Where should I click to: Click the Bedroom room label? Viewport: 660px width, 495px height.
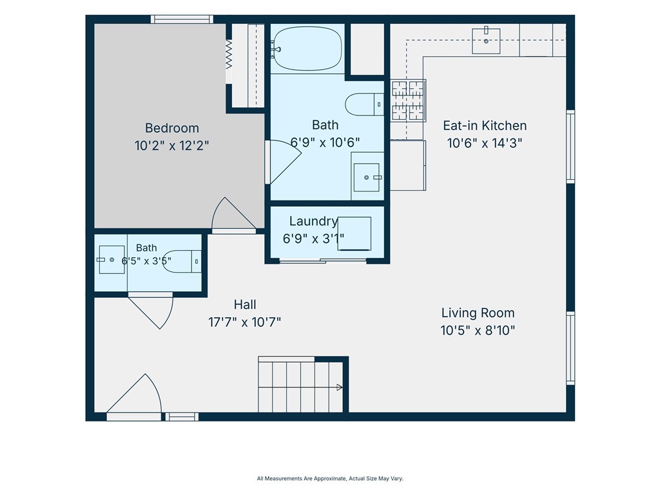coord(171,128)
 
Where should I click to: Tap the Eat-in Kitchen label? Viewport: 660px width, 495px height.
coord(485,126)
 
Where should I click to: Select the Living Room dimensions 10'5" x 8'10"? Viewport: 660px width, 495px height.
coord(478,331)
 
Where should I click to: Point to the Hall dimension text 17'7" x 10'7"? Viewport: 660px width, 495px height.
coord(244,322)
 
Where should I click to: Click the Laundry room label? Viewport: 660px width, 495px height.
coord(314,222)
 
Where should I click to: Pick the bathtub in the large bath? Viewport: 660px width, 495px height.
coord(306,49)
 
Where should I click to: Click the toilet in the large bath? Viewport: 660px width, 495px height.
coord(365,104)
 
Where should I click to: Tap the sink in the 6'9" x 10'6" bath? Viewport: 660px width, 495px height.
coord(367,177)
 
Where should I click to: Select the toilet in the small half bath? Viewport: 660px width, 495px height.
coord(182,261)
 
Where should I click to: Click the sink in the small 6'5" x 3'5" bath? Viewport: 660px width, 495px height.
coord(111,260)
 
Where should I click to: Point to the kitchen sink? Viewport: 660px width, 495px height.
coord(486,41)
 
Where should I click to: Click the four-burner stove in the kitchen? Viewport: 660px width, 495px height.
coord(408,100)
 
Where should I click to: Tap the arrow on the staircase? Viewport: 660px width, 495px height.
coord(339,387)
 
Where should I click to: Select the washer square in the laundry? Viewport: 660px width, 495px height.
coord(354,233)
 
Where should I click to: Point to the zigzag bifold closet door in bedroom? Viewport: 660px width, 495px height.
coord(229,54)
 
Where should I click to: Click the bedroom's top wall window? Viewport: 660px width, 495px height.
coord(182,19)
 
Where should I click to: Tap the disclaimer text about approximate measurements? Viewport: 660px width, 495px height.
coord(330,479)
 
